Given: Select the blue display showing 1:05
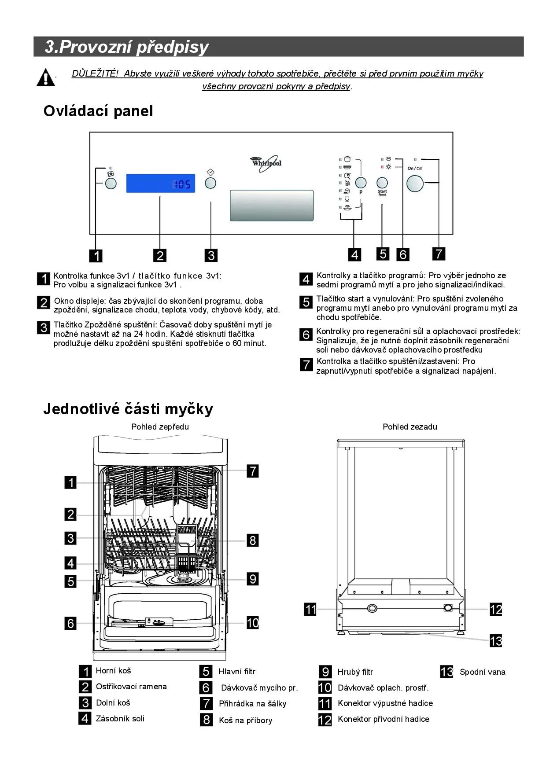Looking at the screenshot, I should tap(160, 183).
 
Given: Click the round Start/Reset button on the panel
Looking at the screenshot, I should tap(382, 183).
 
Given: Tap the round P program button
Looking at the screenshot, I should tap(361, 183).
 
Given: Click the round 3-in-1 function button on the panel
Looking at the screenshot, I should tap(111, 183).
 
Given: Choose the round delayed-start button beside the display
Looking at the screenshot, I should tap(210, 183).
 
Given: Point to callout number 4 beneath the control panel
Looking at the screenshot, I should tap(354, 254).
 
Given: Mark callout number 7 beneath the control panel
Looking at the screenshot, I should tap(439, 254).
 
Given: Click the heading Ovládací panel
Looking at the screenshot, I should tap(98, 111).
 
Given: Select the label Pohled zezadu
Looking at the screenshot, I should tap(409, 426).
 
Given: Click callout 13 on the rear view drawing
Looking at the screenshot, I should tap(496, 640).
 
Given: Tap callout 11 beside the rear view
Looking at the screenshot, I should tap(310, 609).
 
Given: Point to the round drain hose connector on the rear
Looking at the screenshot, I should tap(372, 608).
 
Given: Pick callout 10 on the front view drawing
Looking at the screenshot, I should tap(252, 622).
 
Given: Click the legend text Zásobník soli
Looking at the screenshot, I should tap(120, 718).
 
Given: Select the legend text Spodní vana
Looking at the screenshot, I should tap(482, 672).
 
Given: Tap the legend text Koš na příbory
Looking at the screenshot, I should tap(245, 720).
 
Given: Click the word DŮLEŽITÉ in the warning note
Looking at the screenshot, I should tap(95, 74).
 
